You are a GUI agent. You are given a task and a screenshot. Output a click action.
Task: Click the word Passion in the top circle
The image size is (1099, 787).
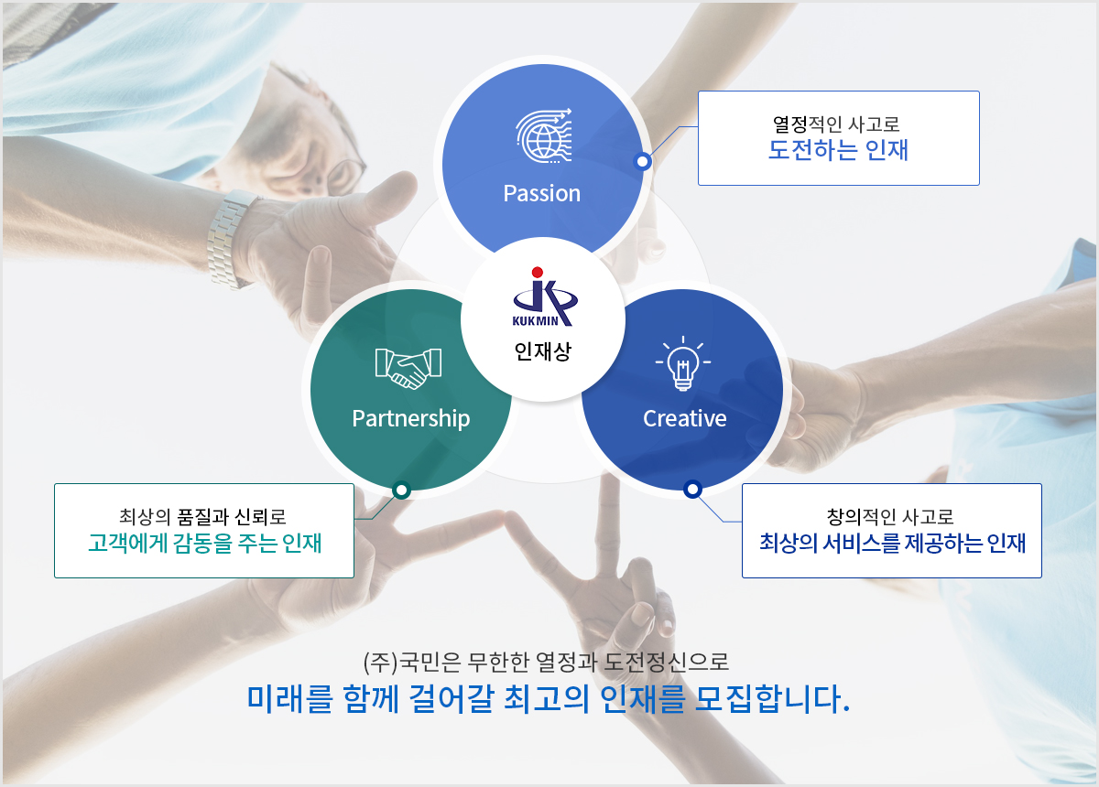click(541, 193)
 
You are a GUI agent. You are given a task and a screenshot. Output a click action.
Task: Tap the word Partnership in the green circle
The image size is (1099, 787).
click(410, 419)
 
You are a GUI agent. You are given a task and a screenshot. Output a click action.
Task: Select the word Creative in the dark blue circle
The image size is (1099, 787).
click(684, 419)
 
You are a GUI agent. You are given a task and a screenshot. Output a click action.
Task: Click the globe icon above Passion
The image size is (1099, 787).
click(544, 135)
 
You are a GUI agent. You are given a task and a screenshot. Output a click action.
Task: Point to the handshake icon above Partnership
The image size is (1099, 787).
click(408, 369)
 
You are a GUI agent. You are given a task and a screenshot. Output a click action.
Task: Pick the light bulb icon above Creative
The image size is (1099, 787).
click(683, 363)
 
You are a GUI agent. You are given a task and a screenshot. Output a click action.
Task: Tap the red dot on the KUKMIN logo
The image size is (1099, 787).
click(538, 272)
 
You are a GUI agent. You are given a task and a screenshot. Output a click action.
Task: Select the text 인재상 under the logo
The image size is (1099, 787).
click(542, 351)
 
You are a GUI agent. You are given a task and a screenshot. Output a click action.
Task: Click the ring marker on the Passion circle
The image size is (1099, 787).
click(642, 161)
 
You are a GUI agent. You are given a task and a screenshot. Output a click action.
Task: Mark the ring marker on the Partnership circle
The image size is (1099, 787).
click(402, 490)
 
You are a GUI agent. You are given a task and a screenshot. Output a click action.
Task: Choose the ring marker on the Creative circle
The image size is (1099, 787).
click(692, 489)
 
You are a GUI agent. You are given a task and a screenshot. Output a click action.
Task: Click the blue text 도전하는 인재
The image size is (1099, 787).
click(838, 150)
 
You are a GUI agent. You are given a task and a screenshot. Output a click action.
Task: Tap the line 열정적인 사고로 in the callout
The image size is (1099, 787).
click(836, 124)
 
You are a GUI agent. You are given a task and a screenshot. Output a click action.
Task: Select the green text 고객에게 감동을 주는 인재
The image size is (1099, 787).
click(204, 544)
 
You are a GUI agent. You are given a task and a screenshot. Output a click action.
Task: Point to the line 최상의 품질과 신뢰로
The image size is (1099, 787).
click(202, 517)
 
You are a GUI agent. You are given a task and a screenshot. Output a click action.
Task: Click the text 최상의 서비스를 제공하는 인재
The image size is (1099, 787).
click(892, 544)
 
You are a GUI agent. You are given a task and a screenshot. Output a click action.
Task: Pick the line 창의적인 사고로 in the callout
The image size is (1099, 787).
click(890, 517)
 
